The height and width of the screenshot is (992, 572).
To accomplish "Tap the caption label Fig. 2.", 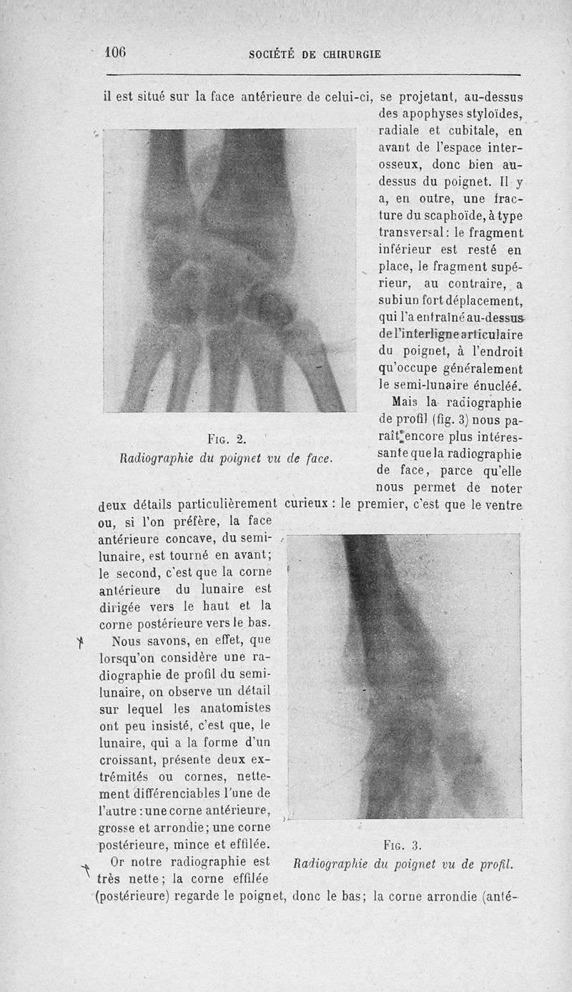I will [x=221, y=438].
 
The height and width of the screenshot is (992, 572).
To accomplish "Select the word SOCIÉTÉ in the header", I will [x=275, y=54].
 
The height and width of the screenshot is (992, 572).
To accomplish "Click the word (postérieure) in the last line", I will [x=136, y=895].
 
